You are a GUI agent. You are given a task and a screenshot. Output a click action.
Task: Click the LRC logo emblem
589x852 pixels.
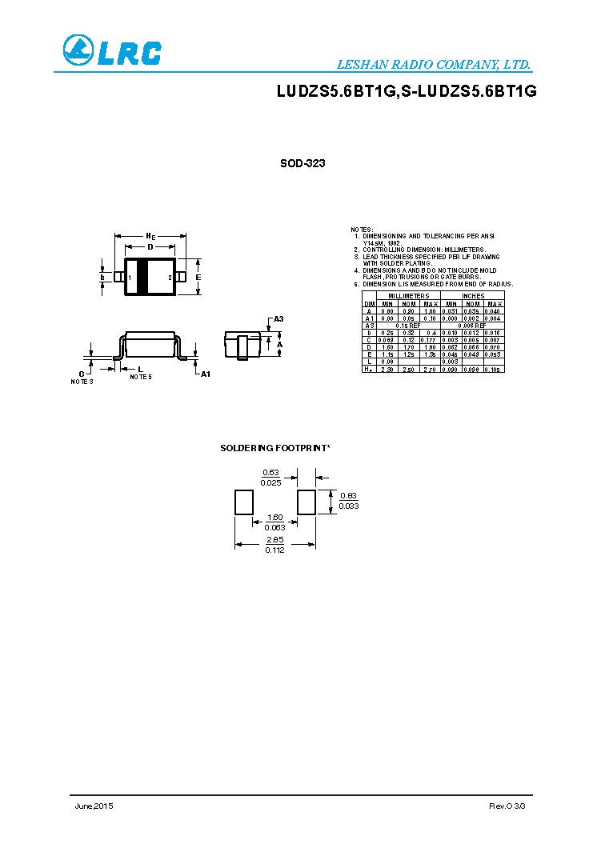coord(78,50)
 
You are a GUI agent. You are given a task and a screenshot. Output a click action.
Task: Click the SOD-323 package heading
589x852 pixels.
coord(303,163)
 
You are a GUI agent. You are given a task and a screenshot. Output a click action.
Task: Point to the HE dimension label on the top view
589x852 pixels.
coord(150,236)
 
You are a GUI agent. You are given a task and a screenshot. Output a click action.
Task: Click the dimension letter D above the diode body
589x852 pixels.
coord(150,247)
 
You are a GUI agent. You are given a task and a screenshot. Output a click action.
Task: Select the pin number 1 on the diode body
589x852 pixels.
coord(130,277)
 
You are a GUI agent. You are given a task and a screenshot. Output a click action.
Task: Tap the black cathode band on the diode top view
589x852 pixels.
coord(144,277)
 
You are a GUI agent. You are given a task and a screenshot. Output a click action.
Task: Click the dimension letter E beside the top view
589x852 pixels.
coord(198,277)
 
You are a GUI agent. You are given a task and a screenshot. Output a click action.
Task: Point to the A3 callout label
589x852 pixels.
coord(278,319)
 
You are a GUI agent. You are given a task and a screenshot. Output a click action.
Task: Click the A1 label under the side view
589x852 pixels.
coord(205,374)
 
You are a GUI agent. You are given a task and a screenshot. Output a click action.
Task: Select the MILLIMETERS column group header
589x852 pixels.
coord(409,296)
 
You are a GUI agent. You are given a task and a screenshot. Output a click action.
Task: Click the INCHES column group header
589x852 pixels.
coord(473,296)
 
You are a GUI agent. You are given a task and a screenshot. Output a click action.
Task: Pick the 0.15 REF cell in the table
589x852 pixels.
coord(409,326)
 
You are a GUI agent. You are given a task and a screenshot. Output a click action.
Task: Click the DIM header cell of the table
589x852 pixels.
coord(369,303)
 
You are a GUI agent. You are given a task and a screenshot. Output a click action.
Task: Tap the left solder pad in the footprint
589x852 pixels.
coord(243,502)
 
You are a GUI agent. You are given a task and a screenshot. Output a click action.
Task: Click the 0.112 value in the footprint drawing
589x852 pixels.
coord(274,551)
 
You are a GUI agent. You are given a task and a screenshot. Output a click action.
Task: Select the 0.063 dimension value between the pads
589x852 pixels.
coord(274,527)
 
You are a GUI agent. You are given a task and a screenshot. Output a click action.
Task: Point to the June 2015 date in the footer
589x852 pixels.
coord(94,806)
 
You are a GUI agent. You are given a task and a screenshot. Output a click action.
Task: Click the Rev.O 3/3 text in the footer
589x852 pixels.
coord(507,806)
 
